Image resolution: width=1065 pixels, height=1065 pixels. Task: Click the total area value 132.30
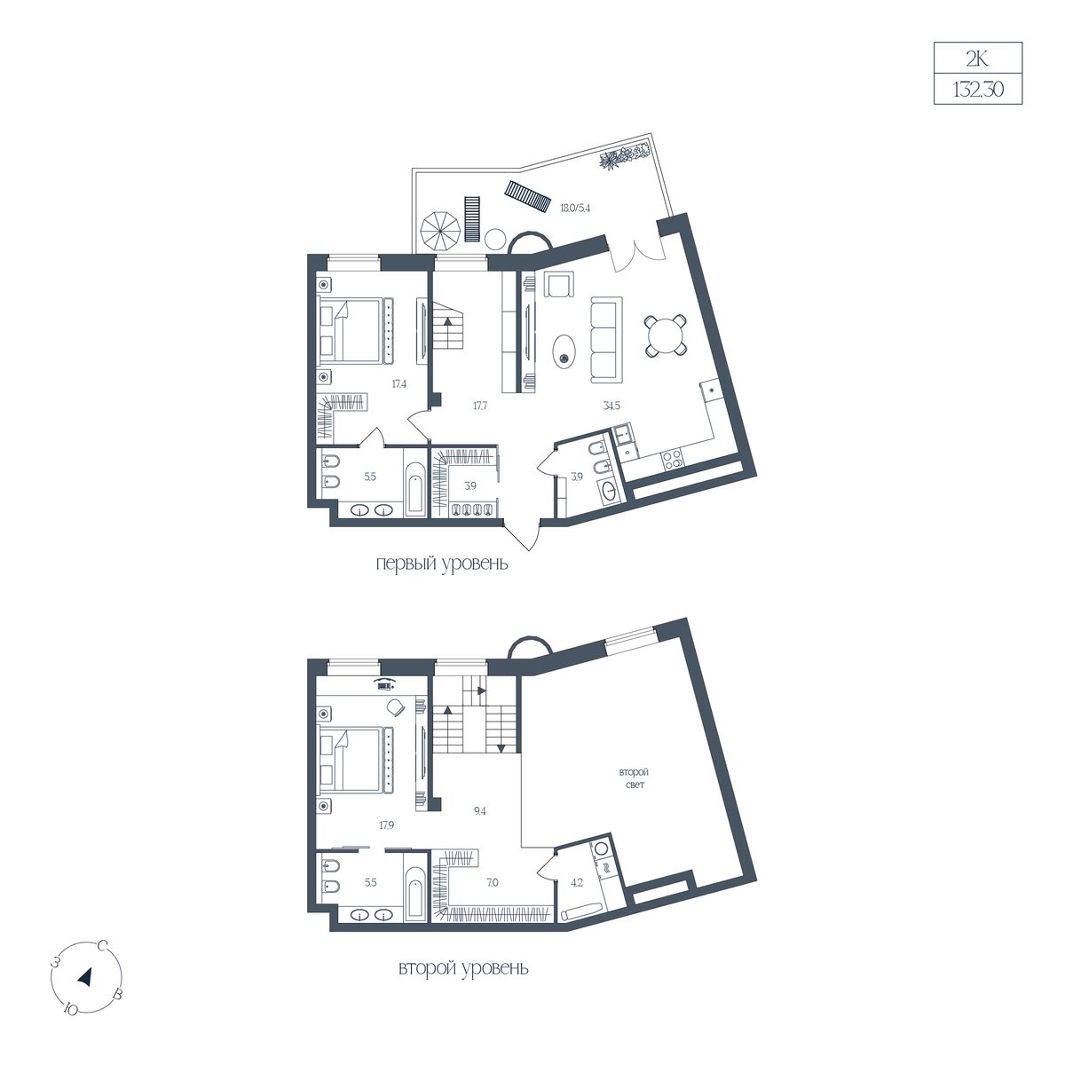pyautogui.click(x=977, y=89)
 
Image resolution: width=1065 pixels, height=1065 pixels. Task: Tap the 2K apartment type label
pyautogui.click(x=977, y=59)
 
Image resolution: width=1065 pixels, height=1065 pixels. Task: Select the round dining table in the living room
pyautogui.click(x=666, y=335)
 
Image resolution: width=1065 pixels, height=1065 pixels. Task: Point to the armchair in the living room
pyautogui.click(x=559, y=285)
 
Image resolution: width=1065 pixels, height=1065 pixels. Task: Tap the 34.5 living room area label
pyautogui.click(x=611, y=405)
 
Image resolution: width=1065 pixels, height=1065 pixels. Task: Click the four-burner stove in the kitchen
pyautogui.click(x=672, y=460)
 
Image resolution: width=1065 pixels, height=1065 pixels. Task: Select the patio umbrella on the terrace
pyautogui.click(x=440, y=233)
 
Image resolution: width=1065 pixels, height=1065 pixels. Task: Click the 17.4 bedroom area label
pyautogui.click(x=399, y=383)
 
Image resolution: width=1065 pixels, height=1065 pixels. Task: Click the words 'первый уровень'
pyautogui.click(x=442, y=564)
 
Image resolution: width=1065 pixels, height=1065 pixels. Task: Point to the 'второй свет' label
pyautogui.click(x=634, y=777)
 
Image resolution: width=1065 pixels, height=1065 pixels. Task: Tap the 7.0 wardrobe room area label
pyautogui.click(x=492, y=882)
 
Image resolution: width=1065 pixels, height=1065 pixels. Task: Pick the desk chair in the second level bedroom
pyautogui.click(x=395, y=706)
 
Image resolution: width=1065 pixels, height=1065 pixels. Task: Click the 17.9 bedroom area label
pyautogui.click(x=387, y=825)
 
